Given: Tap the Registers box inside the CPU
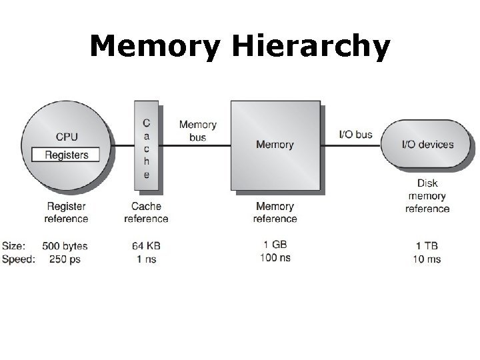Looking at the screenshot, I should click(66, 155).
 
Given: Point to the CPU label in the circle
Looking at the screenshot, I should click(66, 137).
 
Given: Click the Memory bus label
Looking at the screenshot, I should click(197, 131).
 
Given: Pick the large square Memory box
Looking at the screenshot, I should click(275, 145).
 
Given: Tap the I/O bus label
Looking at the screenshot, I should click(356, 134).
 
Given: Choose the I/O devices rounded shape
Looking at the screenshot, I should click(427, 144).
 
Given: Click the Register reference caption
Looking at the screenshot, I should click(66, 213).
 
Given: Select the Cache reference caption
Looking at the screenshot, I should click(146, 213).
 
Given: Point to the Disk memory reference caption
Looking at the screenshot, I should click(427, 196).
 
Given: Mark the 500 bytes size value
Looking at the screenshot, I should click(65, 246).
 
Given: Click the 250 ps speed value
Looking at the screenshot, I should click(65, 259).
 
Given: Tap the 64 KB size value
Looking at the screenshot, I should click(146, 246).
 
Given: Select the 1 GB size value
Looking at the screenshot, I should click(275, 245).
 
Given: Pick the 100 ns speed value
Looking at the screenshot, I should click(275, 257).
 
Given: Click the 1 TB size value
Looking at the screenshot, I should click(427, 246).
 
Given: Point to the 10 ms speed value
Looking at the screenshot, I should click(427, 259).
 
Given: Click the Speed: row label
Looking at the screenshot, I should click(18, 259).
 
